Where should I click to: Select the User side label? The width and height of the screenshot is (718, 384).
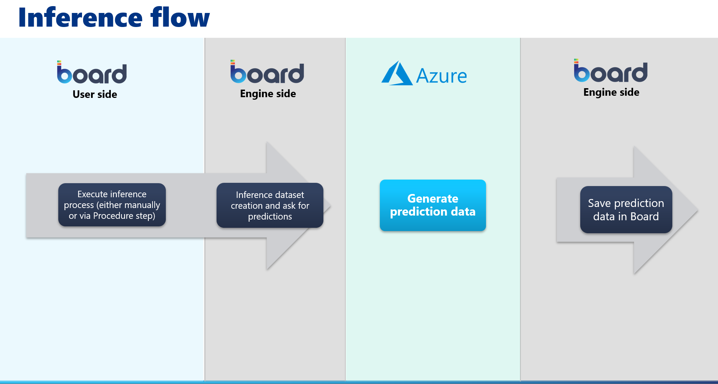click(95, 94)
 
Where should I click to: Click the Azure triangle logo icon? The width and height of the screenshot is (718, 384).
click(397, 73)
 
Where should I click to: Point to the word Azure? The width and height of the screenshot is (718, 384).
click(441, 76)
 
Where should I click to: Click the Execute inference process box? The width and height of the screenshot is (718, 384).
click(112, 205)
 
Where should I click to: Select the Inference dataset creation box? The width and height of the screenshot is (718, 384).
click(270, 205)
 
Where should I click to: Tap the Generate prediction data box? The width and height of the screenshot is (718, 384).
click(433, 205)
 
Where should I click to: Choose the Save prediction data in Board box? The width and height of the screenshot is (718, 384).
click(626, 209)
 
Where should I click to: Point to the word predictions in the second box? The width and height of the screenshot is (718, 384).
click(270, 217)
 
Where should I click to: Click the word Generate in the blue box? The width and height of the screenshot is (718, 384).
click(433, 199)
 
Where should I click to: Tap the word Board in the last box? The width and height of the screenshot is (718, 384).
click(645, 216)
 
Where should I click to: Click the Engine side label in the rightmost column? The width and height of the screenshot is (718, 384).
click(611, 92)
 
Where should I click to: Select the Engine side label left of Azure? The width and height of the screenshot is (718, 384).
click(268, 94)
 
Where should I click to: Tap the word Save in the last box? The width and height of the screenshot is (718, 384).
click(599, 203)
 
